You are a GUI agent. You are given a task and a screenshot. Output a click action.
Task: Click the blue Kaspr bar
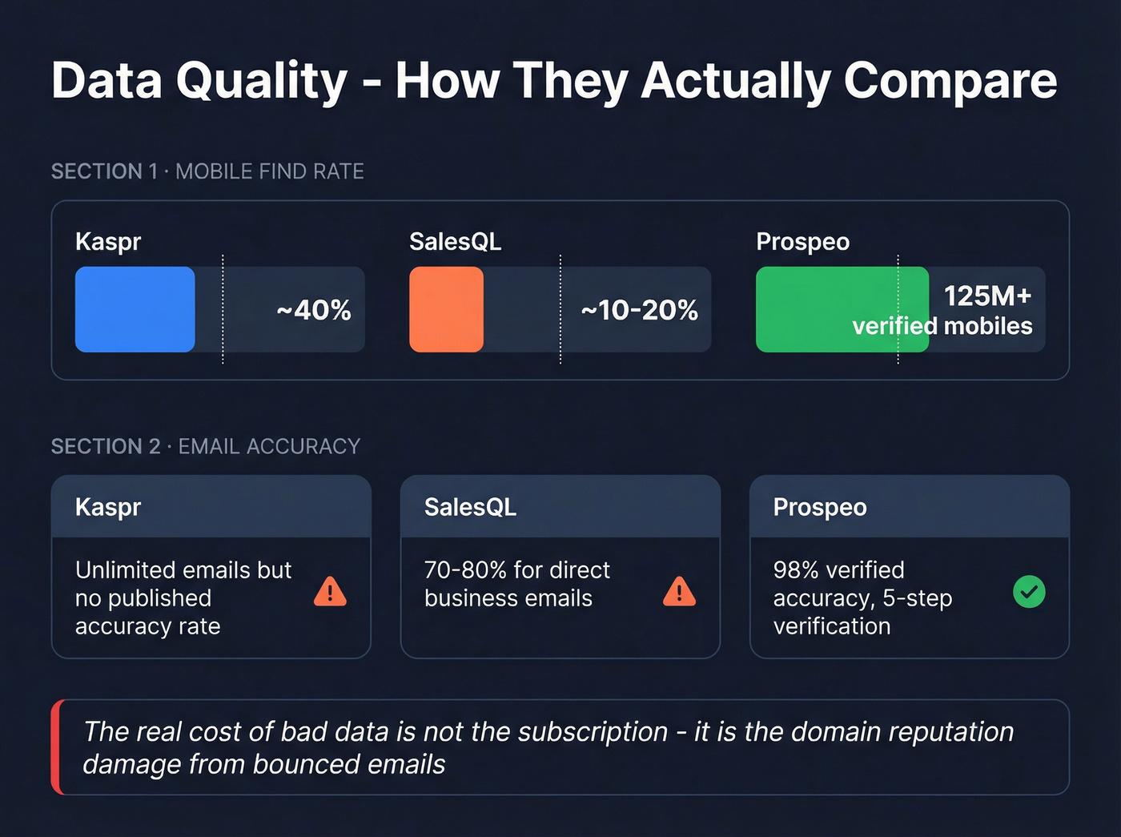tap(135, 309)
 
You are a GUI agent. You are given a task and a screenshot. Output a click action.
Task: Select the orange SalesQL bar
tap(446, 309)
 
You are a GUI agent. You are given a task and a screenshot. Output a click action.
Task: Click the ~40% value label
tap(314, 310)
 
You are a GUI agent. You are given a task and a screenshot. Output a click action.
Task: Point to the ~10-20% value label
tap(640, 310)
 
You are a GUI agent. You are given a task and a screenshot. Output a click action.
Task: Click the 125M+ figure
tap(987, 296)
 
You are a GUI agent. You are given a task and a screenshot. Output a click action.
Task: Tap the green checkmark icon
tap(1029, 592)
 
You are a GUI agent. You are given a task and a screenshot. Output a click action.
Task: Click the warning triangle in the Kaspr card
tap(330, 592)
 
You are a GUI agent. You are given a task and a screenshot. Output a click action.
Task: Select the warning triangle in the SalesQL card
tap(679, 592)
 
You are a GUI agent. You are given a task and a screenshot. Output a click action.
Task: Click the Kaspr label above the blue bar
tap(108, 242)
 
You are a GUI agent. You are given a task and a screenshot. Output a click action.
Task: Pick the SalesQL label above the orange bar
tap(455, 242)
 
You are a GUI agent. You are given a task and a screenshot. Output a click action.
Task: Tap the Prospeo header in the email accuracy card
tap(820, 507)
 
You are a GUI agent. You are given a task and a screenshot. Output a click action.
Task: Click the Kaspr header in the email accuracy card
tap(108, 507)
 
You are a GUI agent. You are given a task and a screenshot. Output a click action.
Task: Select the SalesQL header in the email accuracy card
tap(470, 507)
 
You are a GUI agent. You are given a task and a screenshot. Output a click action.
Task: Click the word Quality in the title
tap(262, 82)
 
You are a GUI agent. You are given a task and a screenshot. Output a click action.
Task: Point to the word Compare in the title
tap(950, 82)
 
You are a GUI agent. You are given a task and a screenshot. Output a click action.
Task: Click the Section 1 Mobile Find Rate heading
tap(207, 171)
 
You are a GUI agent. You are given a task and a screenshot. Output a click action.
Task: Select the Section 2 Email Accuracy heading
tap(206, 446)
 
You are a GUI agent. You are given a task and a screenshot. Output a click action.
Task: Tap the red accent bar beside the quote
tap(56, 746)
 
